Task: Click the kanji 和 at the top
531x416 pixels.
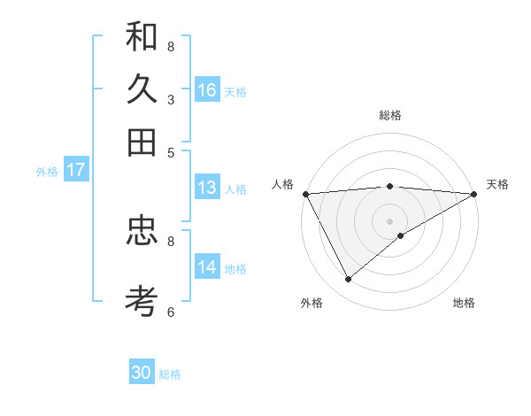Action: pos(142,38)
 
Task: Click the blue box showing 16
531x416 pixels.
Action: pos(207,90)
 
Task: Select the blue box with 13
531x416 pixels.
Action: pos(207,188)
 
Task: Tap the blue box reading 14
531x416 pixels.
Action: pos(207,267)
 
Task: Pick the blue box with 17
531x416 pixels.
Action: pos(75,170)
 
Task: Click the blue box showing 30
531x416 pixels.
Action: pos(142,373)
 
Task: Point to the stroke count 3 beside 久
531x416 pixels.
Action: pos(171,100)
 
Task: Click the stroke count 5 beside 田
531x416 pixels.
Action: pos(171,151)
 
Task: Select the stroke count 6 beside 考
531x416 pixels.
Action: pos(171,312)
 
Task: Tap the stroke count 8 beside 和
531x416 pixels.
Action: pos(171,46)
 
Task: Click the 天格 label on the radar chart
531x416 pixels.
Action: pos(497,184)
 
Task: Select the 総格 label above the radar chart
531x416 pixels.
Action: pos(390,115)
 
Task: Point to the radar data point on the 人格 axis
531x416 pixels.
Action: pos(305,194)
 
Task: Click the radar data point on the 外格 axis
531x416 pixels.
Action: pos(348,279)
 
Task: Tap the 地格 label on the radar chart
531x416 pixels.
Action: pos(464,303)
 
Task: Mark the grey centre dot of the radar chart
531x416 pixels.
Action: pos(390,220)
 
